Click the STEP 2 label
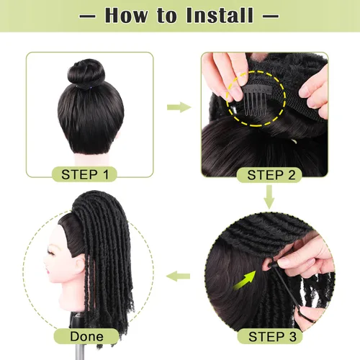(x=271, y=174)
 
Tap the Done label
(x=86, y=336)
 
